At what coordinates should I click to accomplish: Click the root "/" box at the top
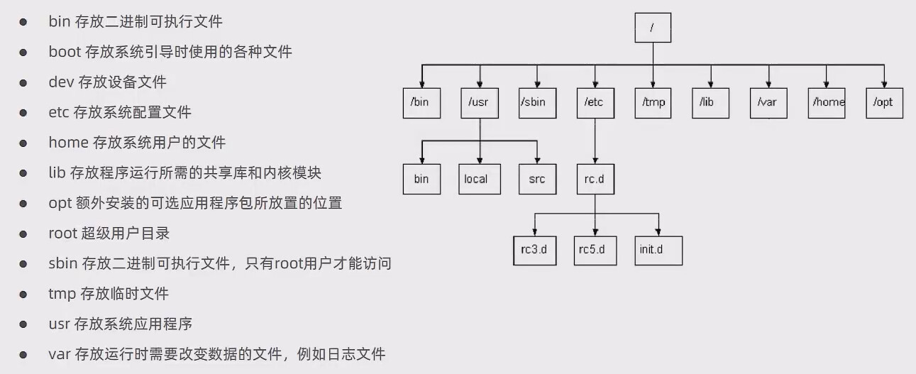(652, 28)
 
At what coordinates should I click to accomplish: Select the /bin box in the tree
(421, 102)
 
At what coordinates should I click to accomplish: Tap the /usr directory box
(480, 102)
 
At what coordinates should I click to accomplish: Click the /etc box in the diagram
(595, 102)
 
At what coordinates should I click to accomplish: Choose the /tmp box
(653, 102)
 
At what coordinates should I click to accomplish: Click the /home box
(827, 102)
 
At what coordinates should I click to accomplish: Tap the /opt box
(884, 102)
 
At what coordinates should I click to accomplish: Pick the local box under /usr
(480, 178)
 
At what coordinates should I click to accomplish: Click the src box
(537, 178)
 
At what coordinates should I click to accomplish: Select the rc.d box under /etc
(595, 178)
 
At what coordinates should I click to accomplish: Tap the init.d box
(658, 251)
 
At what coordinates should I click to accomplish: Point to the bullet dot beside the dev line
(23, 82)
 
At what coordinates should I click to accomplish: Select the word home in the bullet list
(68, 143)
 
